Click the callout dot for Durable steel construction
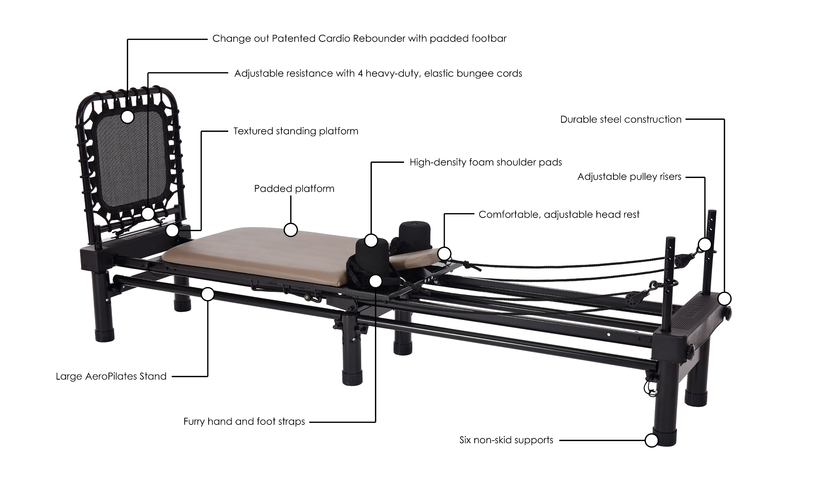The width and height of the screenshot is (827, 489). point(724,299)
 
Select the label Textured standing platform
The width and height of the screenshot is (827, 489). point(296,131)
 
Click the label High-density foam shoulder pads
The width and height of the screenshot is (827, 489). point(486,163)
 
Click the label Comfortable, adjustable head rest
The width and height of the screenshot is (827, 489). point(559,215)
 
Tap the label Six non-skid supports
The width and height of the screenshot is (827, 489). point(506,440)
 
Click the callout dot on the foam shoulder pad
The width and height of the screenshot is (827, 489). point(371,241)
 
